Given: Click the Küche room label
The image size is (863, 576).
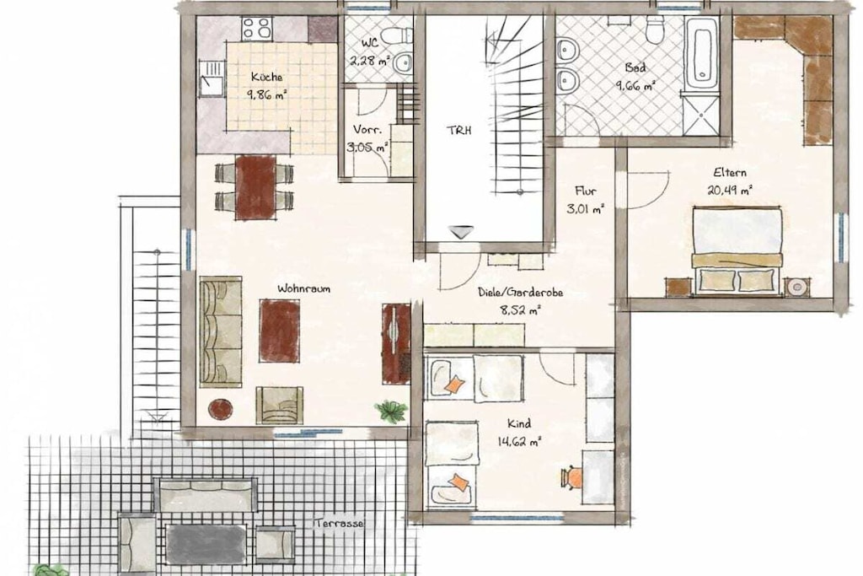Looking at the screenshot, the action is click(x=267, y=77).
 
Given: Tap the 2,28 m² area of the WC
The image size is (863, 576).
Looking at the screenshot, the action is click(x=370, y=60).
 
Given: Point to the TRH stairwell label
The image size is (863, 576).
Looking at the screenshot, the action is click(x=458, y=131).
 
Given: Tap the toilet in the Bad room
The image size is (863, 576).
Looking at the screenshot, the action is click(x=655, y=30).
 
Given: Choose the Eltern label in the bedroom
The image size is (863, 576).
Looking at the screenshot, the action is click(x=730, y=173).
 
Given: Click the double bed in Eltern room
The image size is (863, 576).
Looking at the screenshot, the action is click(x=737, y=250).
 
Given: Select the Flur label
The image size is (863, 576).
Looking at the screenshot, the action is click(x=585, y=191).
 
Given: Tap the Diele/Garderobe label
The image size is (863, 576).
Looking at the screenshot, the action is click(x=520, y=293).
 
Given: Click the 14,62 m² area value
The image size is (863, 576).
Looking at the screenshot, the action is click(x=519, y=441).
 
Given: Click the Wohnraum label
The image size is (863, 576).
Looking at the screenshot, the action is click(x=303, y=288).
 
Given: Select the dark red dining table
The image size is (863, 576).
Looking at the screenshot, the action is click(x=255, y=188).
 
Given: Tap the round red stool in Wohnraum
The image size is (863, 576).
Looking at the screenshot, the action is click(x=220, y=407).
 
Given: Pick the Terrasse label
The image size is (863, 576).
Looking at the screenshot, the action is click(x=340, y=524).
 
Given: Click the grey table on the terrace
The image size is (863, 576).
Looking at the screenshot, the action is click(x=206, y=544).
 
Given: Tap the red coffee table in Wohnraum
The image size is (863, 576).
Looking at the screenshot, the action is click(x=280, y=331).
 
